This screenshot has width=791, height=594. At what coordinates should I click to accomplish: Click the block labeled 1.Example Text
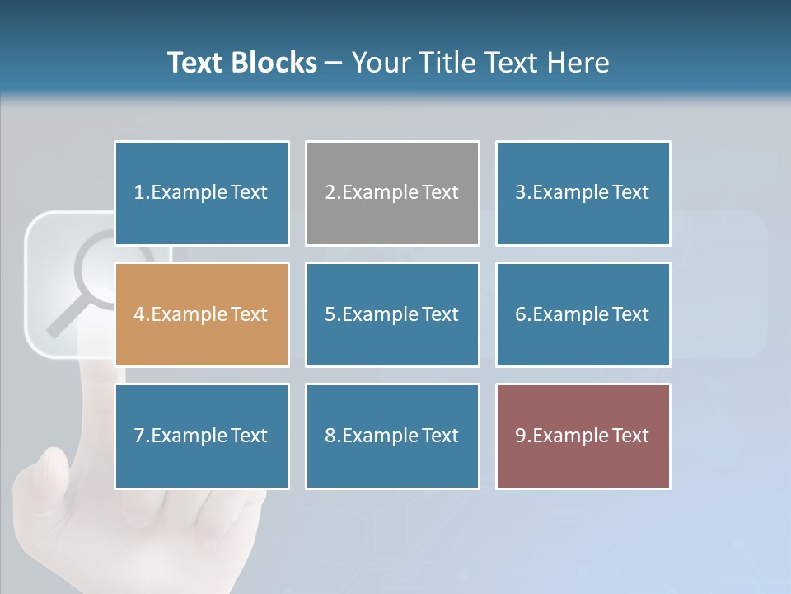[x=202, y=193]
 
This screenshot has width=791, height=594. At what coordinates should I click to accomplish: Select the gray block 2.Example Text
[x=392, y=193]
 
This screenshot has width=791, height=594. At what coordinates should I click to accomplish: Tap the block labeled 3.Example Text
[x=583, y=193]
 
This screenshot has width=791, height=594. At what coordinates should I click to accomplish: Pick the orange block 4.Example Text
[x=202, y=314]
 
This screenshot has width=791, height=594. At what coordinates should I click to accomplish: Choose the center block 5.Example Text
[x=392, y=314]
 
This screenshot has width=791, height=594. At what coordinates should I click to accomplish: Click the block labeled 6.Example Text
[x=583, y=314]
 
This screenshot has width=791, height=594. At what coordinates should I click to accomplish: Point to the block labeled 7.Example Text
[x=202, y=436]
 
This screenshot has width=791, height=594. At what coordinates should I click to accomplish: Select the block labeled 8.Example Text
[x=392, y=436]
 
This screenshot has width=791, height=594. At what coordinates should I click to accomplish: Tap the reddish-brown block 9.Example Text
[x=583, y=436]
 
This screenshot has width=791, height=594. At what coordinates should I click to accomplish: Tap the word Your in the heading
[x=381, y=63]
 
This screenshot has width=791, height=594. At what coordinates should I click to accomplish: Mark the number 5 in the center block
[x=330, y=314]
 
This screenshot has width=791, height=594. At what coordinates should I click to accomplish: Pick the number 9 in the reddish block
[x=521, y=436]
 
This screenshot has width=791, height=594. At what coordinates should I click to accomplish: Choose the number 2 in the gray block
[x=330, y=193]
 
